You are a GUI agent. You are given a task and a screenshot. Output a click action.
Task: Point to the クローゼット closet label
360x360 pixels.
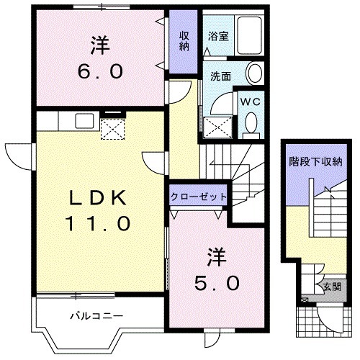(x=199, y=197)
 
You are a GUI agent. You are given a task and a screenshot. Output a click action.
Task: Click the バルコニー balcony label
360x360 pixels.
(x=97, y=315)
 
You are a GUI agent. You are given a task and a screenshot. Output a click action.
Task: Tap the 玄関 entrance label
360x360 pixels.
(x=332, y=287)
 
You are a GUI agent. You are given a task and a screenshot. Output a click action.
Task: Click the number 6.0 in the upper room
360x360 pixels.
(x=100, y=71)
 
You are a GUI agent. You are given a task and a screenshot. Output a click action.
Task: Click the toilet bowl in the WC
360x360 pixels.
(x=251, y=125)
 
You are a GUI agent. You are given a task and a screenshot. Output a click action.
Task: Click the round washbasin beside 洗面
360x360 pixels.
(x=254, y=73)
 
